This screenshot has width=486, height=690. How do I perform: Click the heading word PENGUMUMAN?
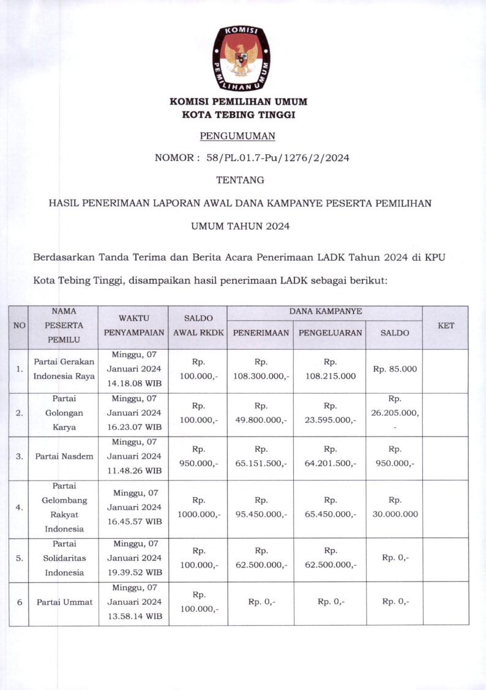[238, 135]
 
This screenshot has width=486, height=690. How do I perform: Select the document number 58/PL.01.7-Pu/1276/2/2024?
[278, 157]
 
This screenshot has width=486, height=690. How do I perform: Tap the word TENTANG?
[240, 180]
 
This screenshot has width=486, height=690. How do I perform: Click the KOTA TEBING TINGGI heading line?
[239, 114]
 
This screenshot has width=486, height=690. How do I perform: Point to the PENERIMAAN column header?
[260, 333]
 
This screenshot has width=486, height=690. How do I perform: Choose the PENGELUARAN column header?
[330, 333]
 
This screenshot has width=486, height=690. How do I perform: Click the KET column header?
[446, 326]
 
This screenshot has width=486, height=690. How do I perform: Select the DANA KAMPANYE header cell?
[326, 312]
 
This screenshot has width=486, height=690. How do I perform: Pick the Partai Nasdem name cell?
[64, 456]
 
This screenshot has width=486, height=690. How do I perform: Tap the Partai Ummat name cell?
[64, 602]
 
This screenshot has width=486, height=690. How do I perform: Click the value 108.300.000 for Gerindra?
[261, 377]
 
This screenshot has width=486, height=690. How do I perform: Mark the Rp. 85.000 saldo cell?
[395, 369]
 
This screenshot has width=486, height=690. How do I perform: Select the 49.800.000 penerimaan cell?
[261, 420]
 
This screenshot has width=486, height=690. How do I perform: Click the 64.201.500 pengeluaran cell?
[331, 463]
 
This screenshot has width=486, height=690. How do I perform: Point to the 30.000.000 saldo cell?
[395, 514]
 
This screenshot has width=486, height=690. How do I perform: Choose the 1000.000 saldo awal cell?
[198, 514]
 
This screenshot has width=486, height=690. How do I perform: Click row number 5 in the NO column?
[19, 558]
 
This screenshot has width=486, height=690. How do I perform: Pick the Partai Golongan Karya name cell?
[64, 413]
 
